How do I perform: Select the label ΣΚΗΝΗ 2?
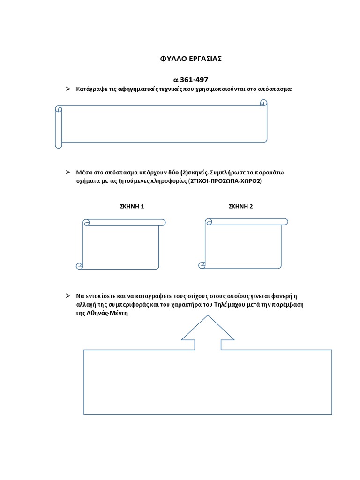pos(240,206)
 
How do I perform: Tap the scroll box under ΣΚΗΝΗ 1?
pos(121,245)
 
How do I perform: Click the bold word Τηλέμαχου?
pos(230,305)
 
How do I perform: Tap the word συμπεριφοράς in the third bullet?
pos(123,305)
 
